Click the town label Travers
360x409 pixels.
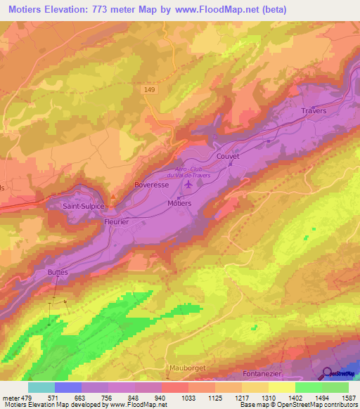tap(314, 111)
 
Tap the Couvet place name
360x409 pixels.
tap(229, 156)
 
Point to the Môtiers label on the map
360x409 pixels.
tap(179, 202)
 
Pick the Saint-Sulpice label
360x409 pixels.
tap(84, 206)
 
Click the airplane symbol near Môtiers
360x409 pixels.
tap(188, 185)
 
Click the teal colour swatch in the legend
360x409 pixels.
tap(41, 387)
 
